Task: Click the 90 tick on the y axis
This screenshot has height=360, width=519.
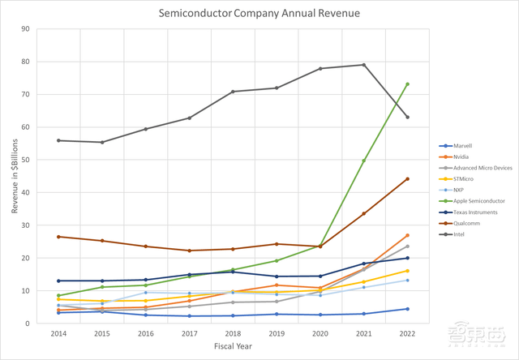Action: pyautogui.click(x=48, y=29)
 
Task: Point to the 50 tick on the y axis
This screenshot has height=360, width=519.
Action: pyautogui.click(x=48, y=160)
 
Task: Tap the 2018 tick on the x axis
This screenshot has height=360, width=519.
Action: pyautogui.click(x=232, y=332)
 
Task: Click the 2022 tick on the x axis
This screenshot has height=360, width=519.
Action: pyautogui.click(x=407, y=332)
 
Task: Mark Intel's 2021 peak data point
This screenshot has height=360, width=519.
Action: pyautogui.click(x=363, y=65)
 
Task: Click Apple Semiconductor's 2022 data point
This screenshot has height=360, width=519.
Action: pyautogui.click(x=407, y=84)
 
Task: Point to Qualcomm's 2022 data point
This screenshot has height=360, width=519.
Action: pyautogui.click(x=407, y=178)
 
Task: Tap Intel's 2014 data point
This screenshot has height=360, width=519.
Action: pyautogui.click(x=58, y=140)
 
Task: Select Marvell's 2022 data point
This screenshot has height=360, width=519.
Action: pyautogui.click(x=407, y=309)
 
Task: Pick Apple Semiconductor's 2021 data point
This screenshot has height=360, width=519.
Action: pyautogui.click(x=363, y=161)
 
